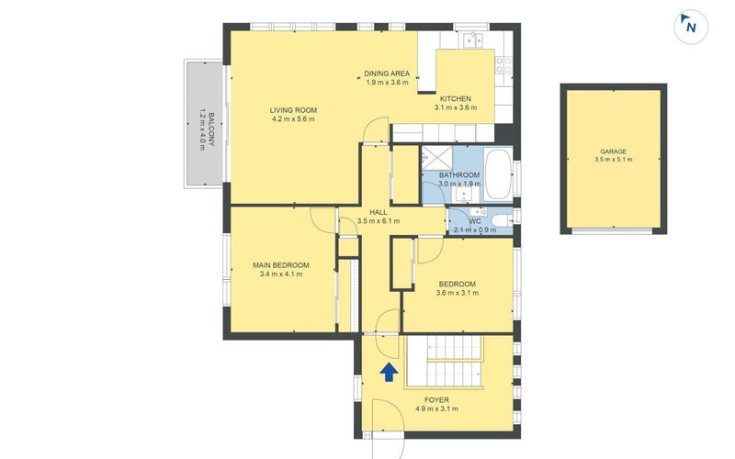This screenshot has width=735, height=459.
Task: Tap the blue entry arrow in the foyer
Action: point(389,373)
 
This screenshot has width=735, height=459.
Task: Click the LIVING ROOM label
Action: point(293,110)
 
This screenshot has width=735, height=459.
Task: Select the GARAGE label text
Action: point(613,151)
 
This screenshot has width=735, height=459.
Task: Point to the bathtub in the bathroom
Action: point(498,174)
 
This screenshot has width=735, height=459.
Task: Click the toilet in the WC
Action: point(503,220)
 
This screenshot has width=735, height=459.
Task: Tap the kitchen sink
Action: point(472,39)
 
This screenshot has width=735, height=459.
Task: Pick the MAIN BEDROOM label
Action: point(281,265)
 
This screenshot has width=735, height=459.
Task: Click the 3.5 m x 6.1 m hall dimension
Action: point(379,221)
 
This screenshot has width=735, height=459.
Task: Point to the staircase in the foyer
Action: point(444,362)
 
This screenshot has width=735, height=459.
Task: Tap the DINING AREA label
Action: point(387,73)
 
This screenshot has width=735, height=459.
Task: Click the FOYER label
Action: point(436,400)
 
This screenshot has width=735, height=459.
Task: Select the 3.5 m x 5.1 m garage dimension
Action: point(613,159)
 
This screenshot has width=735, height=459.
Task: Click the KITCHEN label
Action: point(455,99)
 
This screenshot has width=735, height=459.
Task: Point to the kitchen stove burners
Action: point(503,64)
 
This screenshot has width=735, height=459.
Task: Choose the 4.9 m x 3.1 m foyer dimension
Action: point(436,409)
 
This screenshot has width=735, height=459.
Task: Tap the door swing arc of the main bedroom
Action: point(322,219)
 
